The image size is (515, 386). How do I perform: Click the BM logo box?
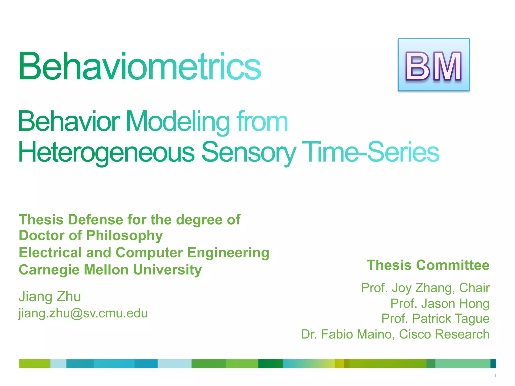coord(434,65)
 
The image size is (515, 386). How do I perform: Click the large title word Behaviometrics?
coord(140,66)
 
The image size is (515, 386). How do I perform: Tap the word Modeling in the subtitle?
coord(178,122)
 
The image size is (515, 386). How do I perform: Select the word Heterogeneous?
coord(106,152)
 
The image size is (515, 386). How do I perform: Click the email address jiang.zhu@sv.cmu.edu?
coord(83,313)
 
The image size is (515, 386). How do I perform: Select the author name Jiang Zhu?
coord(50,296)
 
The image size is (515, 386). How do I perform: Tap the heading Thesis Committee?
coord(428,265)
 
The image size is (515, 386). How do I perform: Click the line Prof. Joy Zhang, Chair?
coord(425,288)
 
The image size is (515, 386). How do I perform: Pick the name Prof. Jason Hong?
coord(440,303)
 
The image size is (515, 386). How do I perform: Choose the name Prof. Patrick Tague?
coord(435,318)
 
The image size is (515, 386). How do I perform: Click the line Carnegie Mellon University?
coord(110,270)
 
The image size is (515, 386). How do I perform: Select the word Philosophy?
coord(124,236)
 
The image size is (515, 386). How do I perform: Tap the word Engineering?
coord(228,253)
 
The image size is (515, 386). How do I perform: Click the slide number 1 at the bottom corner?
coord(495,376)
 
